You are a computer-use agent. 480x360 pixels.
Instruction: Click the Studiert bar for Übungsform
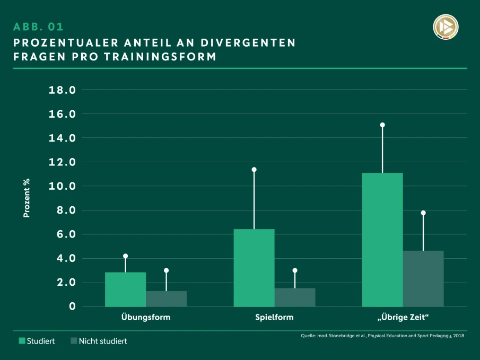(x=125, y=289)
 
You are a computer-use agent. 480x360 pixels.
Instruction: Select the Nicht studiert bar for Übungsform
(x=166, y=298)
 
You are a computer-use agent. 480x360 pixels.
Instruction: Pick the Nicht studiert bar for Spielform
(x=295, y=297)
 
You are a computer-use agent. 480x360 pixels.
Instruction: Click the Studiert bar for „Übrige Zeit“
(x=382, y=240)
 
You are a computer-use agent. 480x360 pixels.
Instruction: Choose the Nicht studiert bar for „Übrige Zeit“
(x=423, y=278)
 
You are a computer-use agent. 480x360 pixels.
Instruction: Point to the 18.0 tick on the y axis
(x=62, y=90)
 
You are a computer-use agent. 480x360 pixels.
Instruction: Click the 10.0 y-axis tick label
(x=62, y=187)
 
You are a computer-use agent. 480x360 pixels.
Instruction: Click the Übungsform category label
(x=145, y=318)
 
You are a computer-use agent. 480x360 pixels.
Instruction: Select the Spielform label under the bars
(x=274, y=318)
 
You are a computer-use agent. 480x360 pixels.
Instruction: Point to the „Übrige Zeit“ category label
(x=403, y=318)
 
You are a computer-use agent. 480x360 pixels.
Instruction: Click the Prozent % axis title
(x=26, y=198)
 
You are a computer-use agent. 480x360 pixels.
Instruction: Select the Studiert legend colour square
(x=22, y=341)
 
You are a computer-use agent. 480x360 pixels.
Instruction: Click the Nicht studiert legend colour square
(x=74, y=341)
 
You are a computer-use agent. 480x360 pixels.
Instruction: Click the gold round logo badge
(x=446, y=27)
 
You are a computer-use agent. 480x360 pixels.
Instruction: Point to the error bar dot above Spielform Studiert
(x=254, y=170)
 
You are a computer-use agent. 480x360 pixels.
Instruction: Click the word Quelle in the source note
(x=309, y=336)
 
